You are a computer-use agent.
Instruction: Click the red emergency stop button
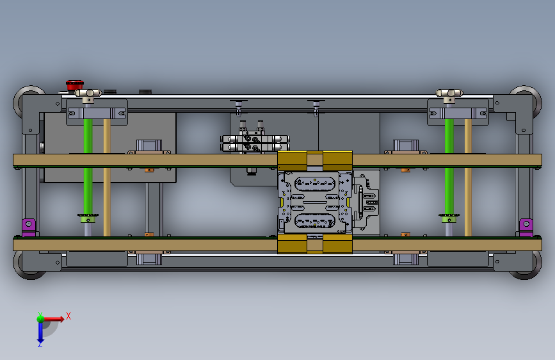(x=75, y=85)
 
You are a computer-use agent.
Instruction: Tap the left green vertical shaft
(x=88, y=167)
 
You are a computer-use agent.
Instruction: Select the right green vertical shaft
(x=449, y=167)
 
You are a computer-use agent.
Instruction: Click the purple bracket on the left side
(x=29, y=227)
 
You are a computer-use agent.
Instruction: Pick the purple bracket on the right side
(x=526, y=227)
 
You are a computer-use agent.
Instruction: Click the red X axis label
(x=68, y=316)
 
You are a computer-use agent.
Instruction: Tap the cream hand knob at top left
(x=88, y=93)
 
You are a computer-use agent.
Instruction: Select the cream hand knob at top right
(x=449, y=93)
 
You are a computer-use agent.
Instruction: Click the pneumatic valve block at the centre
(x=255, y=140)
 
